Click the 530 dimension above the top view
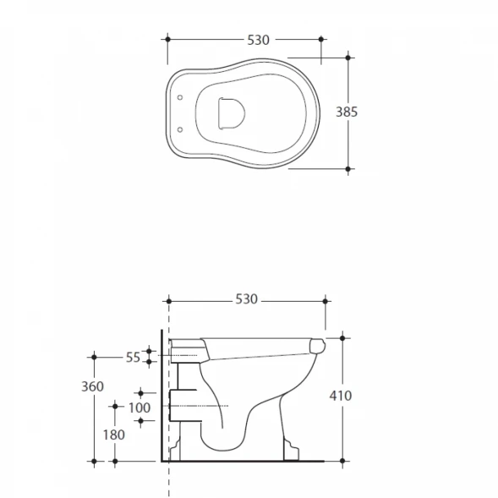(x=258, y=40)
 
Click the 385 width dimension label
(x=347, y=112)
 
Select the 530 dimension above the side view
(x=246, y=299)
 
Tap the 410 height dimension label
(x=341, y=396)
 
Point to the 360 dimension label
(x=92, y=386)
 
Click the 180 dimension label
(x=113, y=435)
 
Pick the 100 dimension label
(x=140, y=408)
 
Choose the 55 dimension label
(x=133, y=358)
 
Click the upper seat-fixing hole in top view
(x=180, y=97)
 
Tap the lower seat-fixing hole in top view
(x=180, y=129)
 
